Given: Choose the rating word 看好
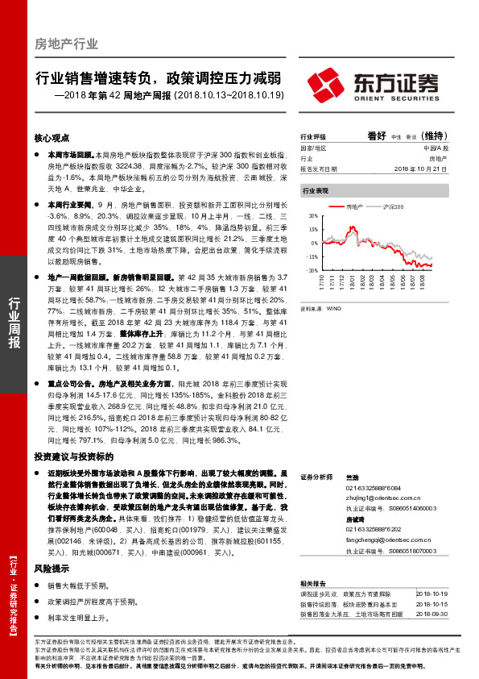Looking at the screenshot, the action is [378, 136].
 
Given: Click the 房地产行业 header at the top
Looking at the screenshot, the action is [67, 44].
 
